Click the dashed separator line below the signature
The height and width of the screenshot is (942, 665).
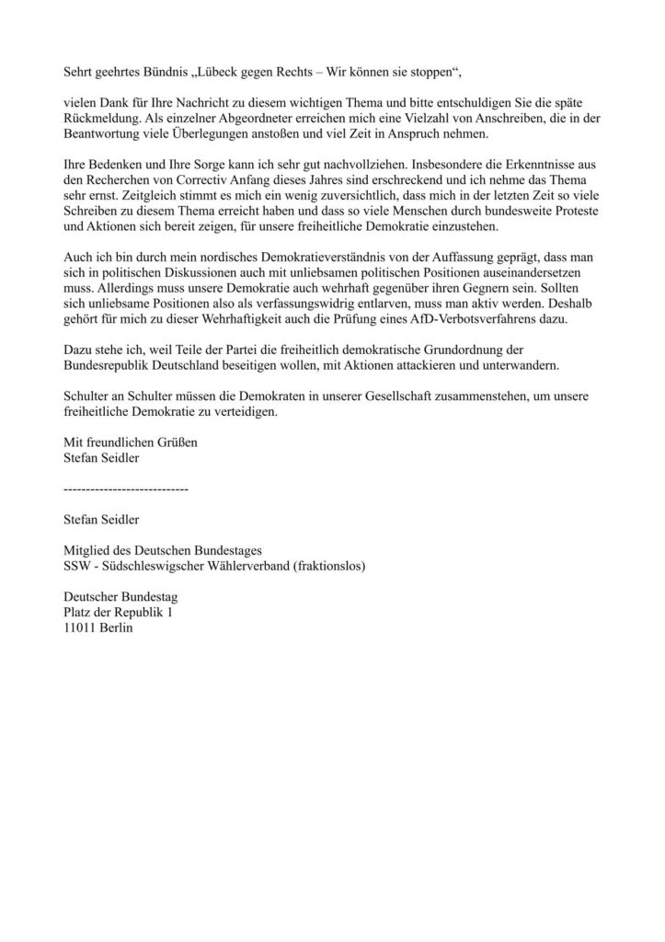[125, 488]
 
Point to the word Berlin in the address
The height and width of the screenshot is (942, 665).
[124, 633]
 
